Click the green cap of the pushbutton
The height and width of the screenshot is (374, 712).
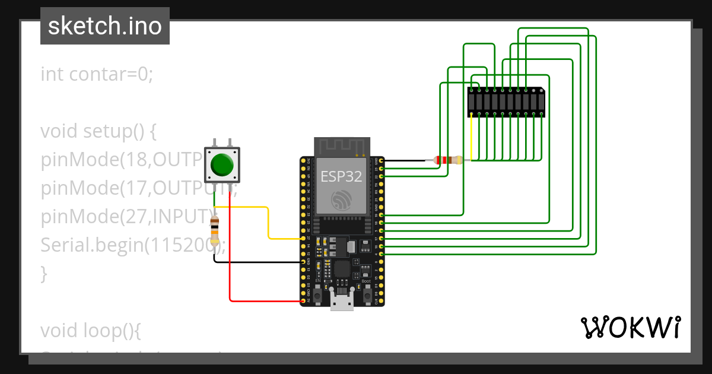222,164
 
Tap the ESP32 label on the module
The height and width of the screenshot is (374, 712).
341,176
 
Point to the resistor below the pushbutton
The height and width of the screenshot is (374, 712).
214,230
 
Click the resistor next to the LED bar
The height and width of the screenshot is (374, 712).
448,160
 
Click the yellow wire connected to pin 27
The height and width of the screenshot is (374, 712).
269,223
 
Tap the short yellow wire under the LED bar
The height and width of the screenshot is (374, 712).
471,137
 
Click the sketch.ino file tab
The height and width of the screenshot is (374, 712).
105,26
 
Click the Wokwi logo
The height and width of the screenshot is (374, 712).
630,327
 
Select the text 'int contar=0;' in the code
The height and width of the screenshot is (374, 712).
97,74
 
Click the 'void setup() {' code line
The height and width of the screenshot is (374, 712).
98,131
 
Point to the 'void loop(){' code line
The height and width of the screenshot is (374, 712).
90,329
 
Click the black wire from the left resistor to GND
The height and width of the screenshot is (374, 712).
255,262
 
